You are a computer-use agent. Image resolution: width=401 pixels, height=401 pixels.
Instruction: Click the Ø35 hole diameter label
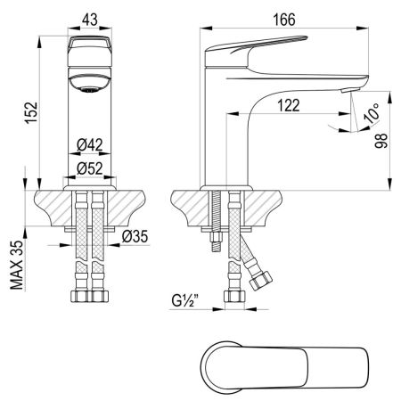pos(135,237)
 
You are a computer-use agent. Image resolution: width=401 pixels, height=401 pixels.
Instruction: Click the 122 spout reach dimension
pos(287,105)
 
